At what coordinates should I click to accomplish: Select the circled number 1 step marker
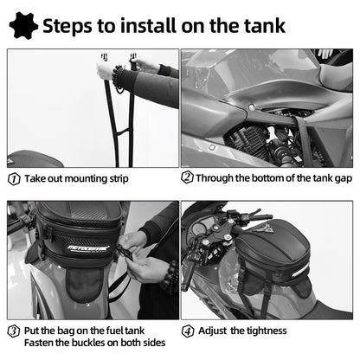(x=13, y=179)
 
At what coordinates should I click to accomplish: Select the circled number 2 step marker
(x=187, y=179)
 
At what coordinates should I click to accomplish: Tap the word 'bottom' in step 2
(x=260, y=179)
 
